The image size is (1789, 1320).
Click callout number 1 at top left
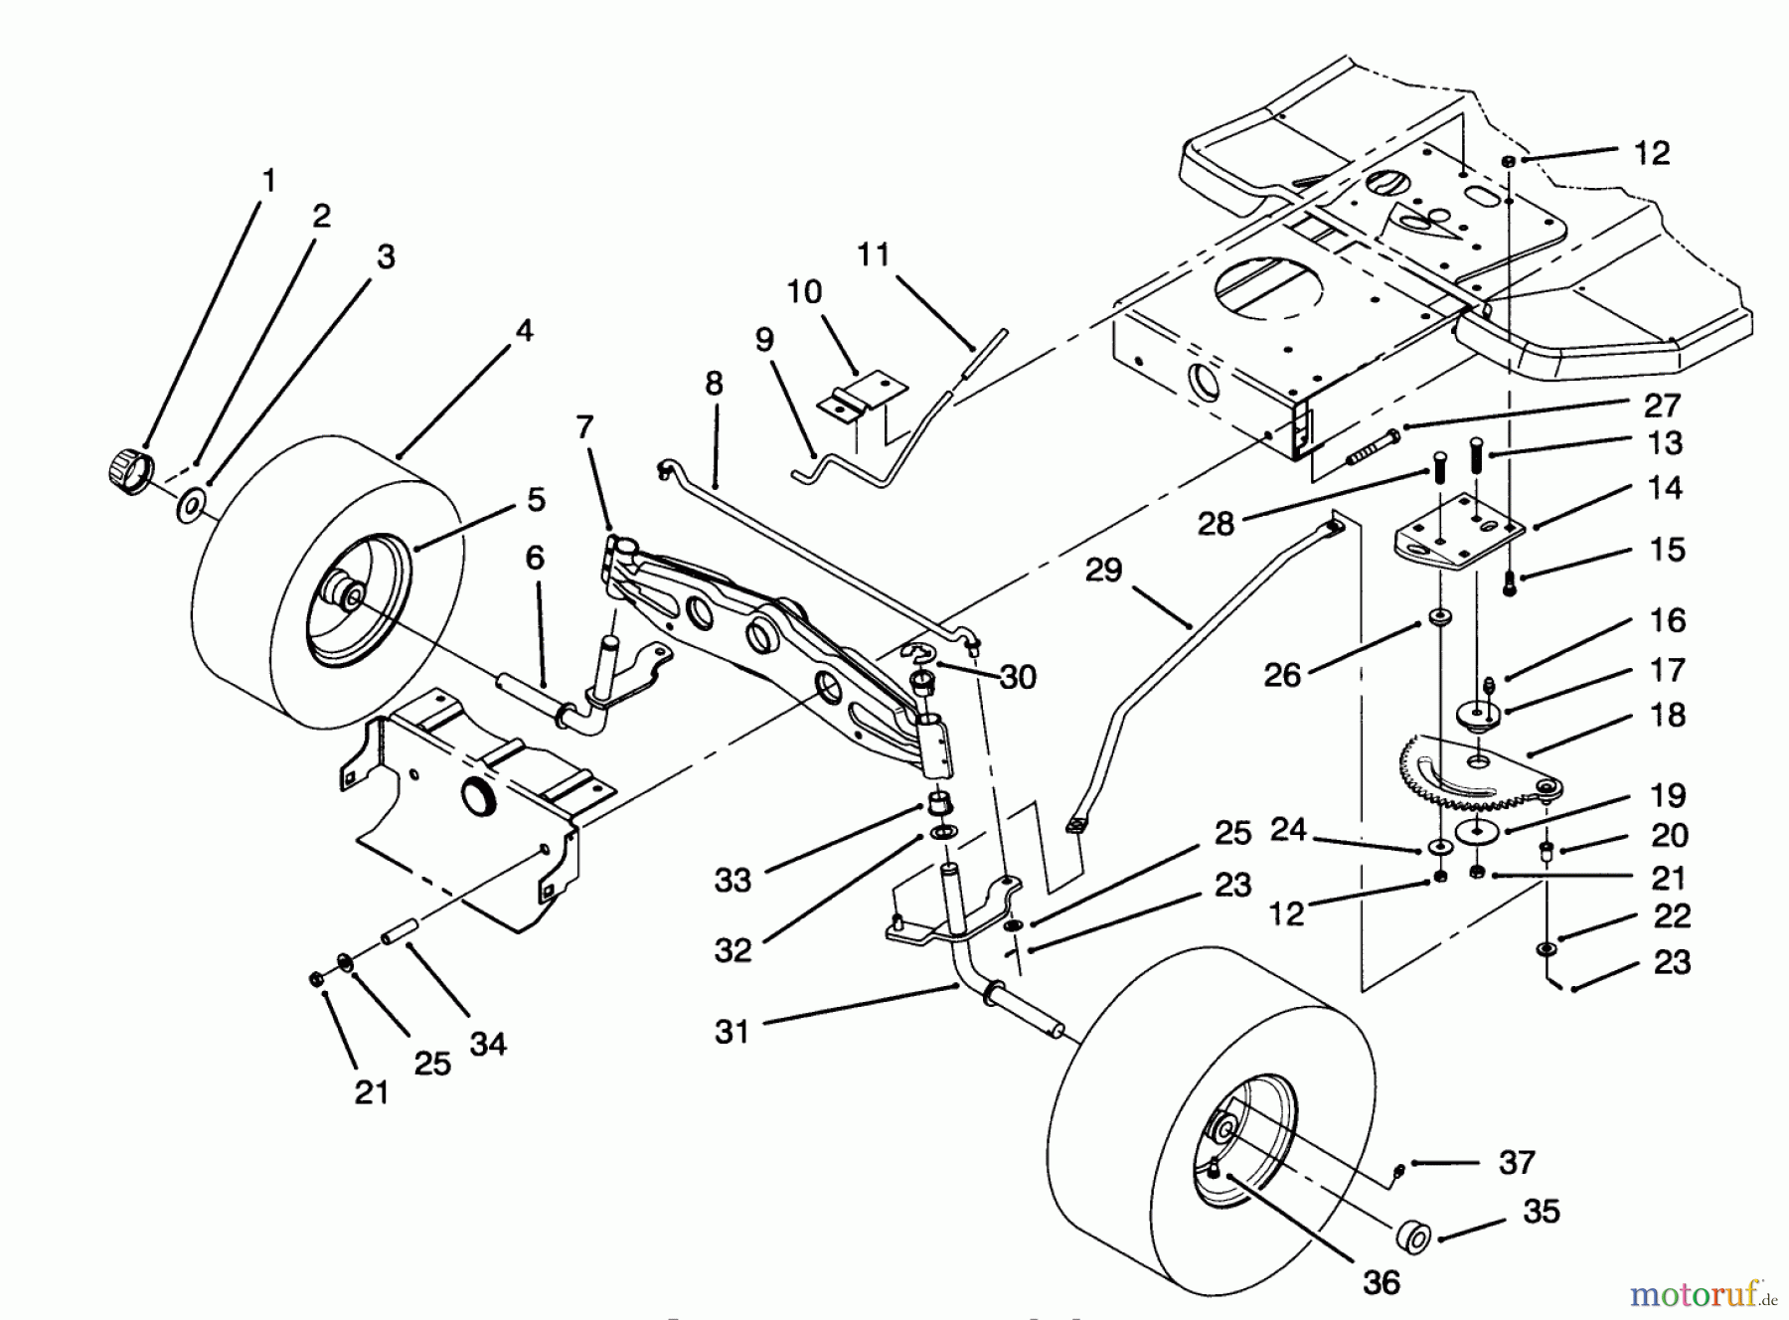coord(268,182)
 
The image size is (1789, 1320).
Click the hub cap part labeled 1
coord(126,466)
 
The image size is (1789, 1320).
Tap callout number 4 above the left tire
coord(524,331)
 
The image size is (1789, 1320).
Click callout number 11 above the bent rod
coord(873,255)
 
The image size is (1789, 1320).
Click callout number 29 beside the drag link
coord(1103,571)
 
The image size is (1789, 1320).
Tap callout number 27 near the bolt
coord(1662,406)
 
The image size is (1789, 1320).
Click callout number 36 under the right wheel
coord(1382,1282)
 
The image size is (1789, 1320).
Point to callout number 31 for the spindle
coord(732,1032)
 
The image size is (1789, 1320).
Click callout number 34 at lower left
coord(488,1044)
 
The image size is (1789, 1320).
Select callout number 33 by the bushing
coord(732,880)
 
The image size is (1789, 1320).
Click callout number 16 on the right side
coord(1668,620)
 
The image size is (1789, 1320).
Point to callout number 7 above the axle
coord(584,428)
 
